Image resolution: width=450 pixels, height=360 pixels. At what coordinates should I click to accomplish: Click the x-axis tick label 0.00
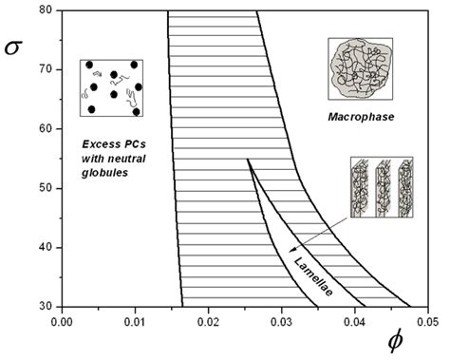click(62, 321)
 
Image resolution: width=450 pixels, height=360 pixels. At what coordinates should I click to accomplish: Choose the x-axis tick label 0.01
click(135, 321)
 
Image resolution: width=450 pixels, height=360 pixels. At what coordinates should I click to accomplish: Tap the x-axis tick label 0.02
click(208, 321)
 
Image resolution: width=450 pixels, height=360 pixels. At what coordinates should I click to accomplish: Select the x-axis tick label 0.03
click(281, 321)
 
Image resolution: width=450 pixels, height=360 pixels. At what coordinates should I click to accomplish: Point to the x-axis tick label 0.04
click(354, 321)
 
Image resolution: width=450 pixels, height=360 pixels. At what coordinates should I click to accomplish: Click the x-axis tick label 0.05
click(426, 321)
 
